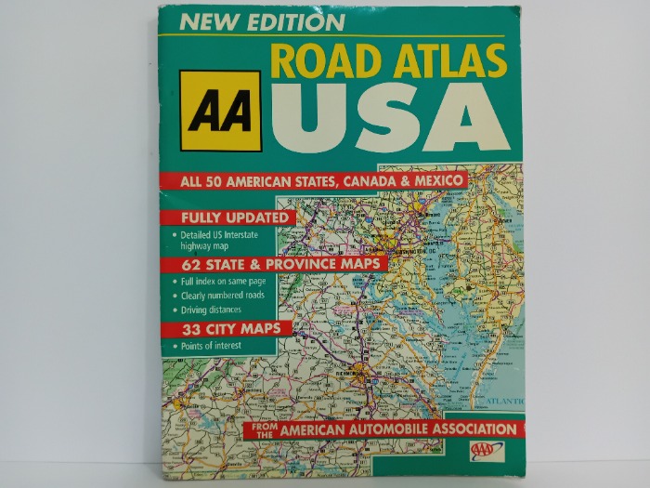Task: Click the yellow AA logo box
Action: click(x=220, y=111)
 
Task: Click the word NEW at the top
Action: click(x=209, y=21)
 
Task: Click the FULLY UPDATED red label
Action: click(x=227, y=218)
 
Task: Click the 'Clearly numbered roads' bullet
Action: click(x=223, y=296)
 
